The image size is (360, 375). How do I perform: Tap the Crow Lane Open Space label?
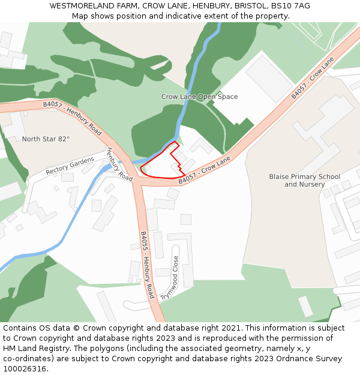(x=199, y=97)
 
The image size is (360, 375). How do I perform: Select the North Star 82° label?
(x=46, y=139)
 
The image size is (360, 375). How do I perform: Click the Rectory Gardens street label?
(x=70, y=166)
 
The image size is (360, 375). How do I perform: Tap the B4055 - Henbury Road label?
(x=148, y=265)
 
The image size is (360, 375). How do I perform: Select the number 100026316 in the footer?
(x=24, y=369)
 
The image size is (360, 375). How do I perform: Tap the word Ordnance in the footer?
(x=296, y=359)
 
